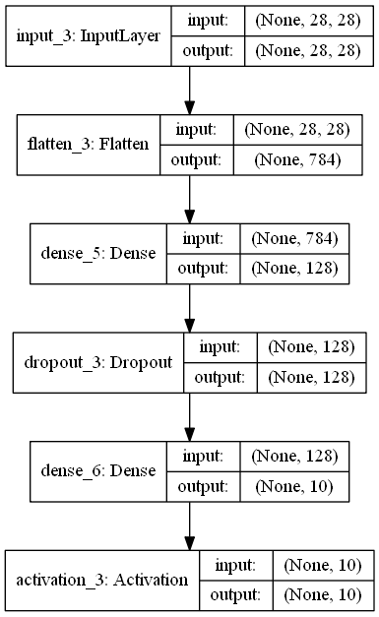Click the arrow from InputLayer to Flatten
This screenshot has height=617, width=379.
click(x=188, y=90)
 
